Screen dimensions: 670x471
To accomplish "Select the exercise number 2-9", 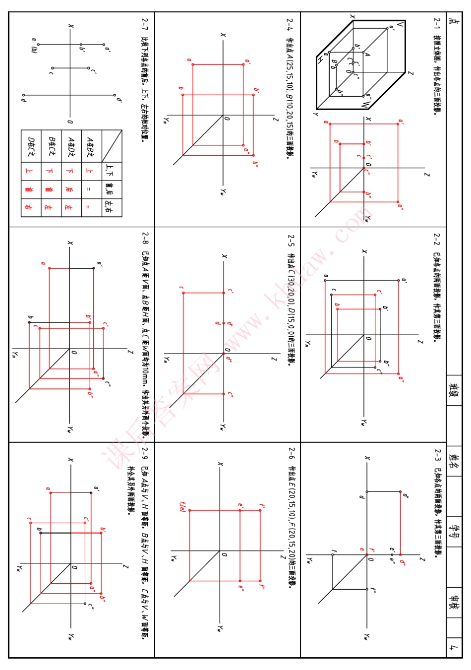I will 145,452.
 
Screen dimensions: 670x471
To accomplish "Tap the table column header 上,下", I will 109,171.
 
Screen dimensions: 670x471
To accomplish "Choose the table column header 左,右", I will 109,207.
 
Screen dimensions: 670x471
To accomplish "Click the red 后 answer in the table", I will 69,189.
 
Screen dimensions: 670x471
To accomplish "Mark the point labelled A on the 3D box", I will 367,55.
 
